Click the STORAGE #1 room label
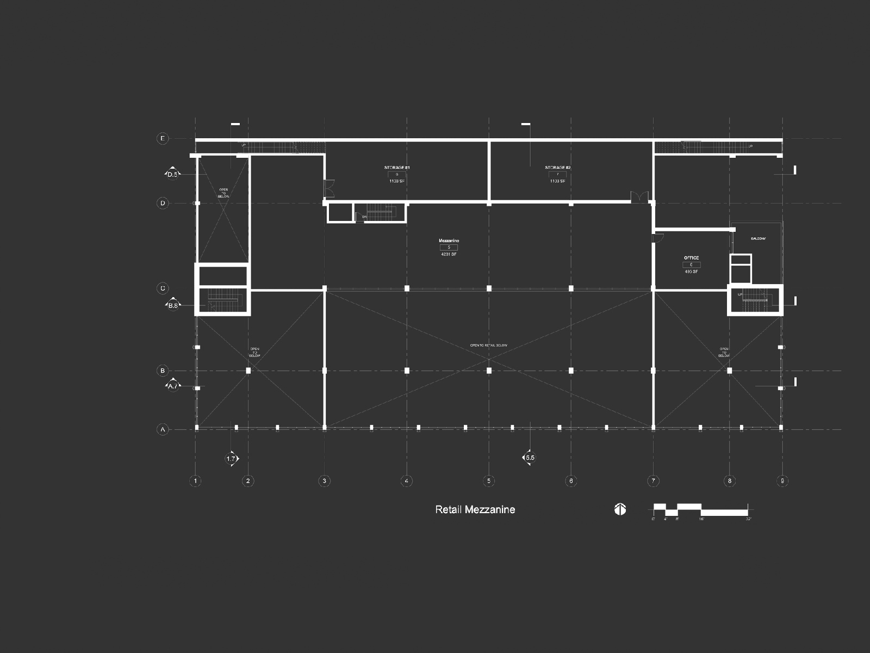[x=397, y=168]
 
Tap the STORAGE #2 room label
[x=558, y=168]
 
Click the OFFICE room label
[x=691, y=258]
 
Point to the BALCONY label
[x=758, y=239]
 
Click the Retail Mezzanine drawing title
[x=475, y=510]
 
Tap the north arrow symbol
[x=620, y=509]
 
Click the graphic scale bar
[x=701, y=510]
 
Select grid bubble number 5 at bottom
[x=488, y=480]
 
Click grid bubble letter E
[x=163, y=139]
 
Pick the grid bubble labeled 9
[x=782, y=480]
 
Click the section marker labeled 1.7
[x=231, y=459]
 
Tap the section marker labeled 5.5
[x=529, y=458]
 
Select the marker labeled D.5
[x=172, y=174]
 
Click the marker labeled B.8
[x=173, y=305]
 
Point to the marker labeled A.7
[x=173, y=386]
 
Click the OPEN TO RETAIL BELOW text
[x=488, y=346]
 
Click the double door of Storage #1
[x=328, y=188]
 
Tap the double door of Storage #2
[x=640, y=196]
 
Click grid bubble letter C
[x=163, y=288]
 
